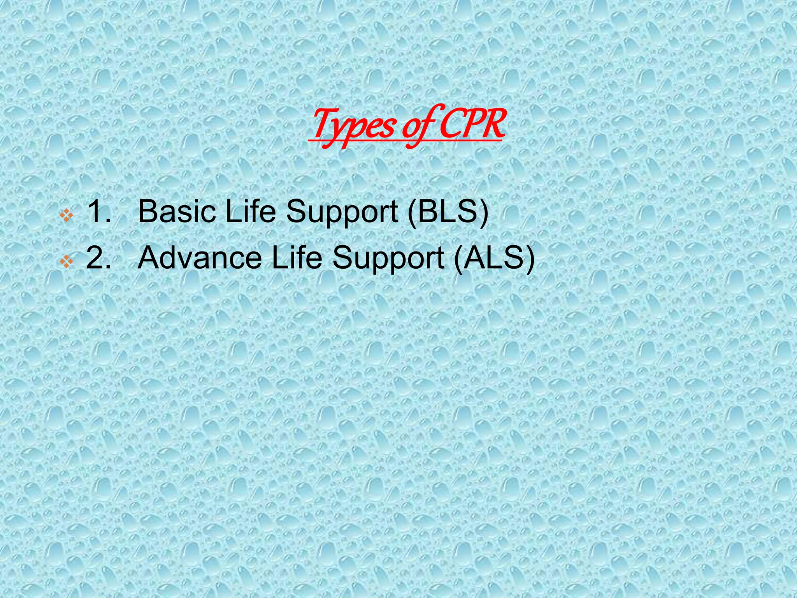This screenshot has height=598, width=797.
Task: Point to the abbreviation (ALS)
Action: click(x=494, y=259)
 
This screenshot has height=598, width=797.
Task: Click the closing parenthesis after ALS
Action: click(x=530, y=259)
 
